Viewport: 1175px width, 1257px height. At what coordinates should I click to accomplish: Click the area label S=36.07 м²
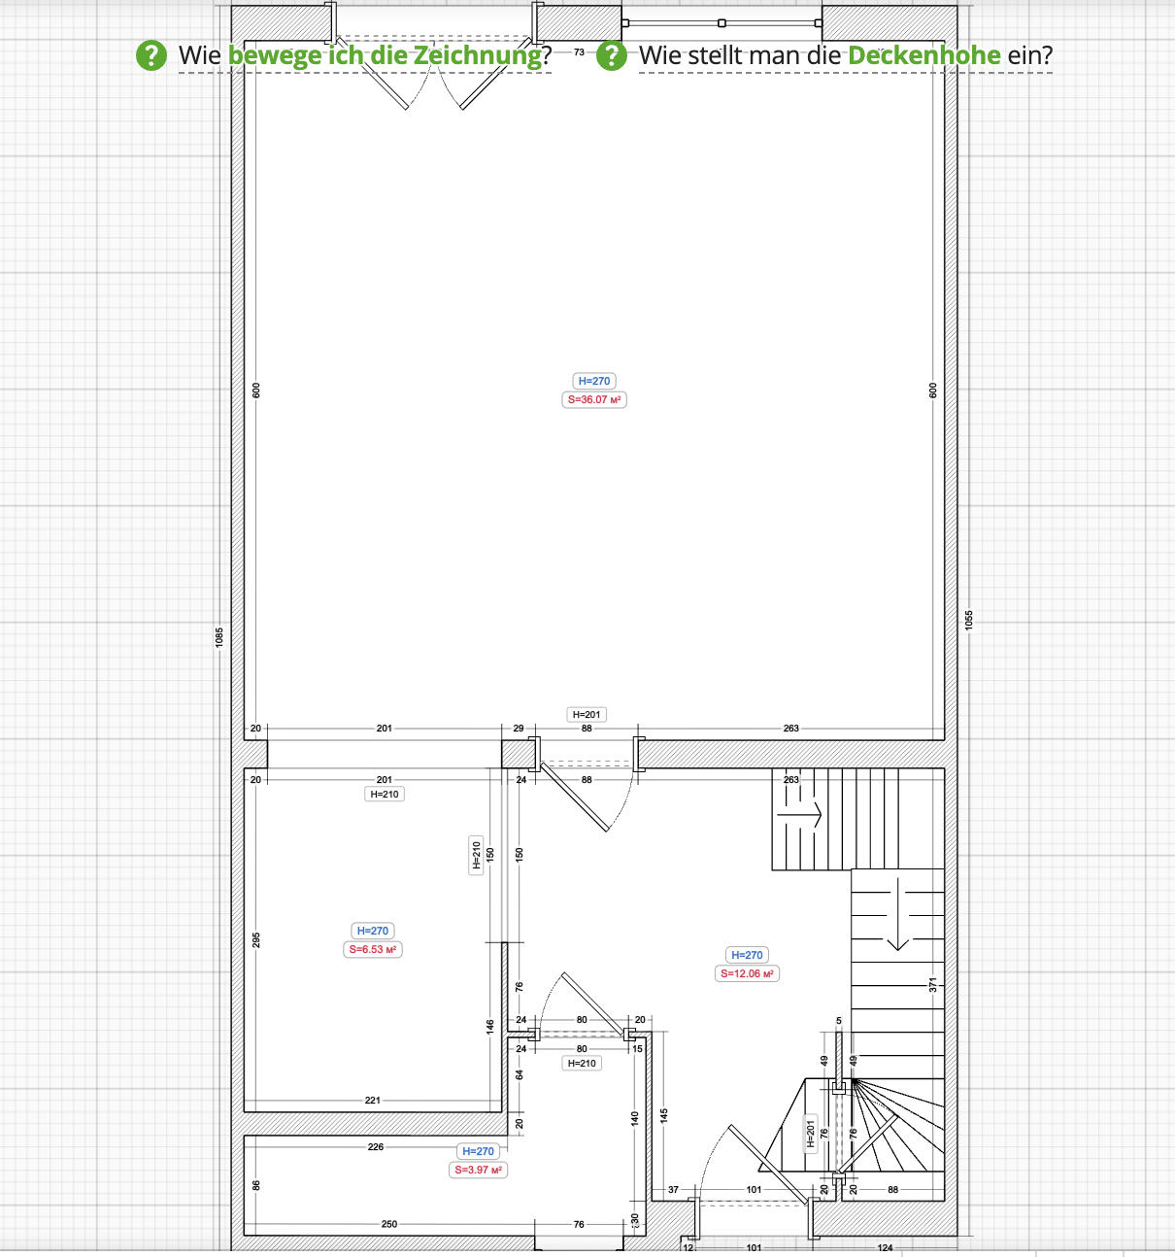point(594,399)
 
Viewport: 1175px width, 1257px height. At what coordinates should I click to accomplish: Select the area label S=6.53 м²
point(373,949)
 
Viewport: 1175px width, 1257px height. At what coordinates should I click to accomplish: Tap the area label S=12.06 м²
point(747,973)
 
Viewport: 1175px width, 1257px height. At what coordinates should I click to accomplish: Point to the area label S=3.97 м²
point(478,1170)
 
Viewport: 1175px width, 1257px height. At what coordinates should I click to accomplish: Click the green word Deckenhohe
point(923,55)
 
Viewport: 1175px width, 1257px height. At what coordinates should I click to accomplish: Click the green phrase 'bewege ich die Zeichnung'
point(385,55)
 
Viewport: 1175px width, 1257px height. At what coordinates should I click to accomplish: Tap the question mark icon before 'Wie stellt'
point(611,55)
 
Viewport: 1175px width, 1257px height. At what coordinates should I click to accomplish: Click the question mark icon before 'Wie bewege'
point(151,55)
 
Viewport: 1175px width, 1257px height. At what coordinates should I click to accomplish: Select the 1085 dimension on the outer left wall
point(218,636)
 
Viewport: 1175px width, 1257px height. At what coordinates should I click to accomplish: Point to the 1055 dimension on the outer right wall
point(969,620)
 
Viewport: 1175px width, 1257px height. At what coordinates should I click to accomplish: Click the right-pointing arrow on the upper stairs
point(799,815)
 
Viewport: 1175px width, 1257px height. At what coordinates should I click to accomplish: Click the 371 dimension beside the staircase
point(932,985)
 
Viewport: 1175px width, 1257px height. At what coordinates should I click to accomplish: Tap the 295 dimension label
point(255,940)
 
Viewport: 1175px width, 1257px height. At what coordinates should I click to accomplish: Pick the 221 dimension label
point(373,1100)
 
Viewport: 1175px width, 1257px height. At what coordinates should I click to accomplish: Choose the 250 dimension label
point(389,1224)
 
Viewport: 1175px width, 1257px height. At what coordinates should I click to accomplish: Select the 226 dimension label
point(376,1147)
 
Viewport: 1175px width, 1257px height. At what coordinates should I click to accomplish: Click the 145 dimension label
point(664,1116)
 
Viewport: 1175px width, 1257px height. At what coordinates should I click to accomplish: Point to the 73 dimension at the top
point(579,51)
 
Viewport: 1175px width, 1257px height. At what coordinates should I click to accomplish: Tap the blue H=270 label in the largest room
point(594,381)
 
